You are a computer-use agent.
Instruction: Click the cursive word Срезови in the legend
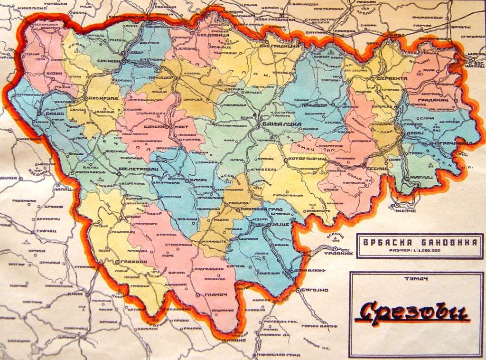411,314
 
